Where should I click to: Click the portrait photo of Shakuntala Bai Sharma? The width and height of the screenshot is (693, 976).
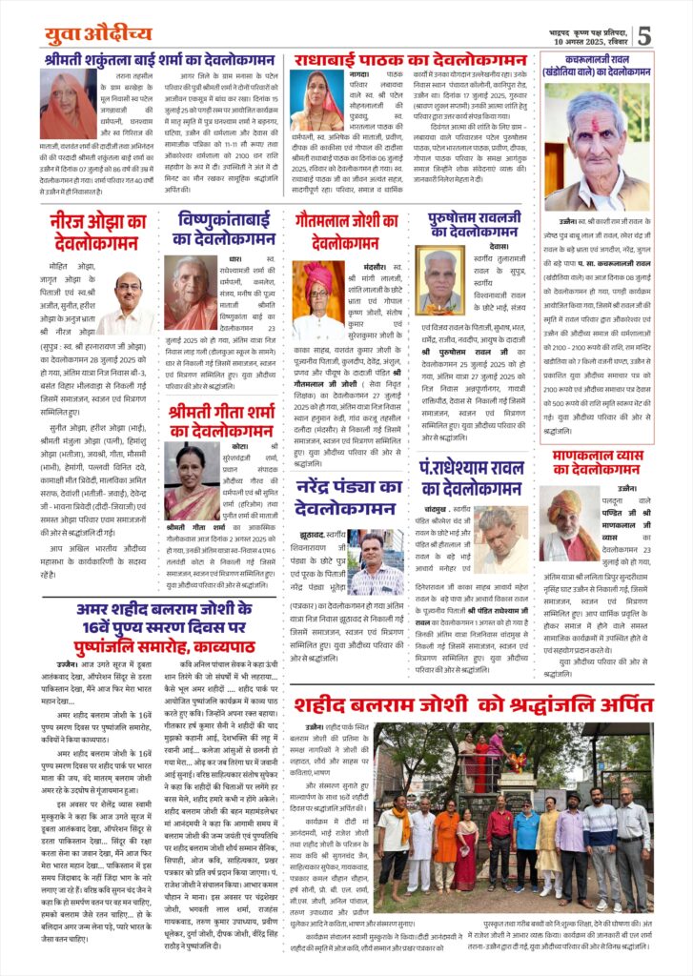pyautogui.click(x=69, y=106)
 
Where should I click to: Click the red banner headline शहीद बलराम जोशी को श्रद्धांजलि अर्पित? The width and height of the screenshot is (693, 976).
pyautogui.click(x=473, y=705)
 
